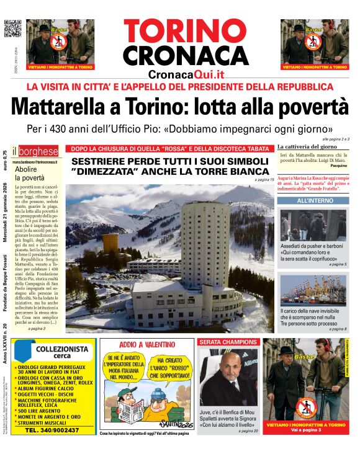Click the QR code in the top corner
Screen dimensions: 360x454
pos(12,29)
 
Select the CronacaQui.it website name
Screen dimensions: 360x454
pos(186,74)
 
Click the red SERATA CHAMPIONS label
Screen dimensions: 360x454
pos(227,342)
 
